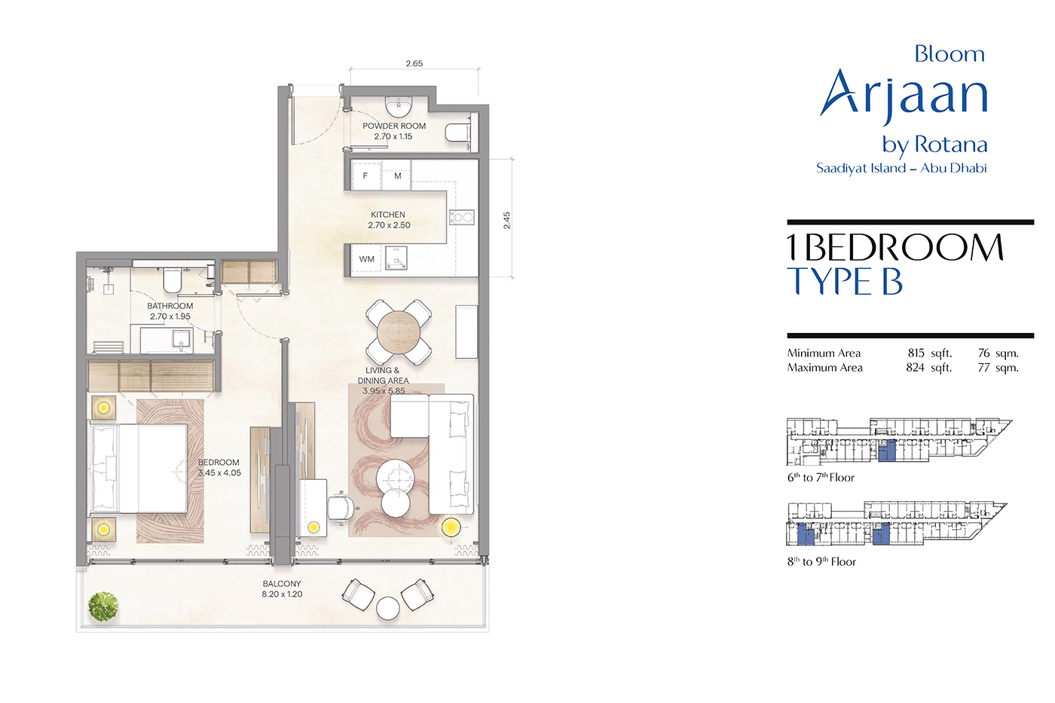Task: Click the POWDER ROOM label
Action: [394, 126]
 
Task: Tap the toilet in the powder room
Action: [457, 133]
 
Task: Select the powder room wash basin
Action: [399, 106]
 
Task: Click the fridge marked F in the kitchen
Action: [365, 176]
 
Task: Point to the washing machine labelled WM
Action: [367, 259]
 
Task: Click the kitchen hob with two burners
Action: [461, 217]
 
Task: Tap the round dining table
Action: [399, 332]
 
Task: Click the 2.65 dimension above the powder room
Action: [414, 63]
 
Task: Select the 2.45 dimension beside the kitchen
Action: [506, 220]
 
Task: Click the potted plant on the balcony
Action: [103, 607]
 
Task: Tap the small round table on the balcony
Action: [387, 608]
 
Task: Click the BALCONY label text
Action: [282, 583]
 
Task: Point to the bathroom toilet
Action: [173, 280]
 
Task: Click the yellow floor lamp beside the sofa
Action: [451, 527]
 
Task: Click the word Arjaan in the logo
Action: [904, 96]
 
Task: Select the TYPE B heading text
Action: [845, 282]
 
